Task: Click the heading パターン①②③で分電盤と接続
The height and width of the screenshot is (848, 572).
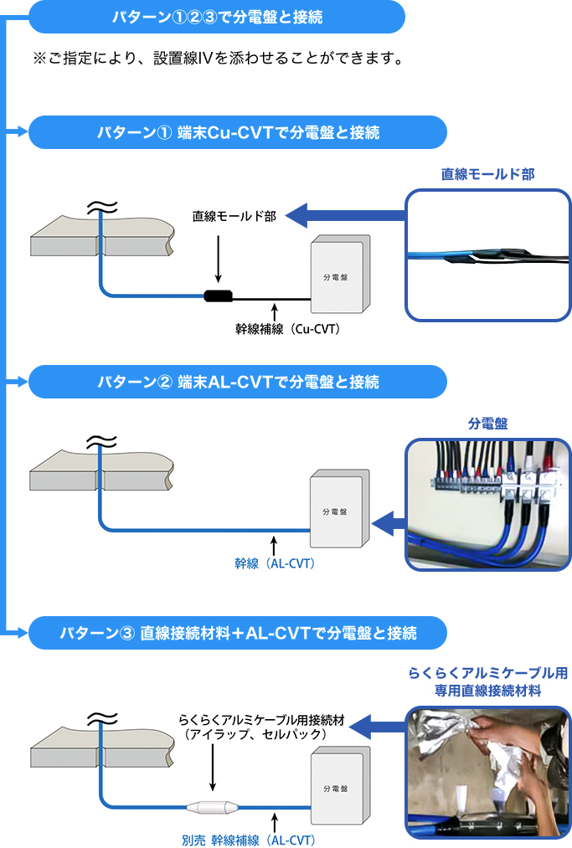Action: [218, 16]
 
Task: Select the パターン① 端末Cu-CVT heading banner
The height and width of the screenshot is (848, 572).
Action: [237, 132]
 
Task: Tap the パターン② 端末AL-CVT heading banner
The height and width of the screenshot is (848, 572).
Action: [237, 382]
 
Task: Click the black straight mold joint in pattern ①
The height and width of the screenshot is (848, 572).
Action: [219, 296]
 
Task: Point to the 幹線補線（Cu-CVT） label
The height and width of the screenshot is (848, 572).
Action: [287, 329]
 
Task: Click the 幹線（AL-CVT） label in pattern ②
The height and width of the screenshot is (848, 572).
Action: [275, 563]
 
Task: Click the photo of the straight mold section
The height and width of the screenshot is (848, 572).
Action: [488, 254]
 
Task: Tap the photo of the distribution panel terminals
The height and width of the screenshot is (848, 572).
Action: [488, 505]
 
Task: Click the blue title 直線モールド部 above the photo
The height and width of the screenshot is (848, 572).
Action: [488, 174]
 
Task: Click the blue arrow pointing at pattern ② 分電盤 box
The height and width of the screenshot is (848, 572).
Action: [387, 525]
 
